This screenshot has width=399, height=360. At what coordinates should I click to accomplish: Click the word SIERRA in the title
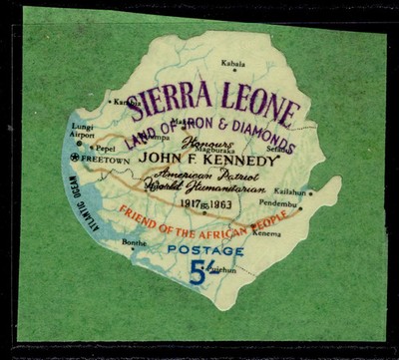[x=177, y=99]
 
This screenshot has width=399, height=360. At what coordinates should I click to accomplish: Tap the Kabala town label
[x=232, y=62]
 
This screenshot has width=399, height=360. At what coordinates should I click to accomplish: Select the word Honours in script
[x=210, y=144]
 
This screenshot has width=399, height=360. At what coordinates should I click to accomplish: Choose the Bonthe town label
[x=133, y=242]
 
